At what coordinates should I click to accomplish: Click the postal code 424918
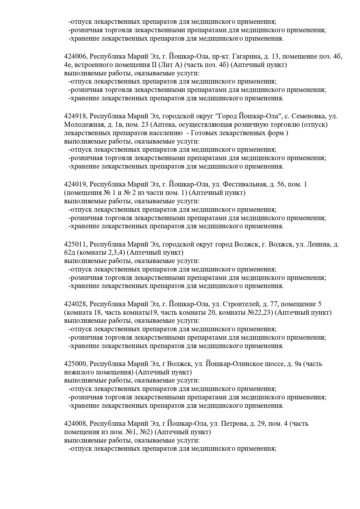pos(75,116)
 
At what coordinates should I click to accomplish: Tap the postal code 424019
pos(75,184)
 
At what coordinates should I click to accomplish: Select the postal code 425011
pos(75,244)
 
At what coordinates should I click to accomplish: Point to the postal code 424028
pos(75,304)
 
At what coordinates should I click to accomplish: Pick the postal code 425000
pos(75,364)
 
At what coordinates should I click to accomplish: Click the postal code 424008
pos(75,424)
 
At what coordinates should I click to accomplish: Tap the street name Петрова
pos(234,424)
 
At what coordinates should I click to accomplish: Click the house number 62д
pos(69,253)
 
